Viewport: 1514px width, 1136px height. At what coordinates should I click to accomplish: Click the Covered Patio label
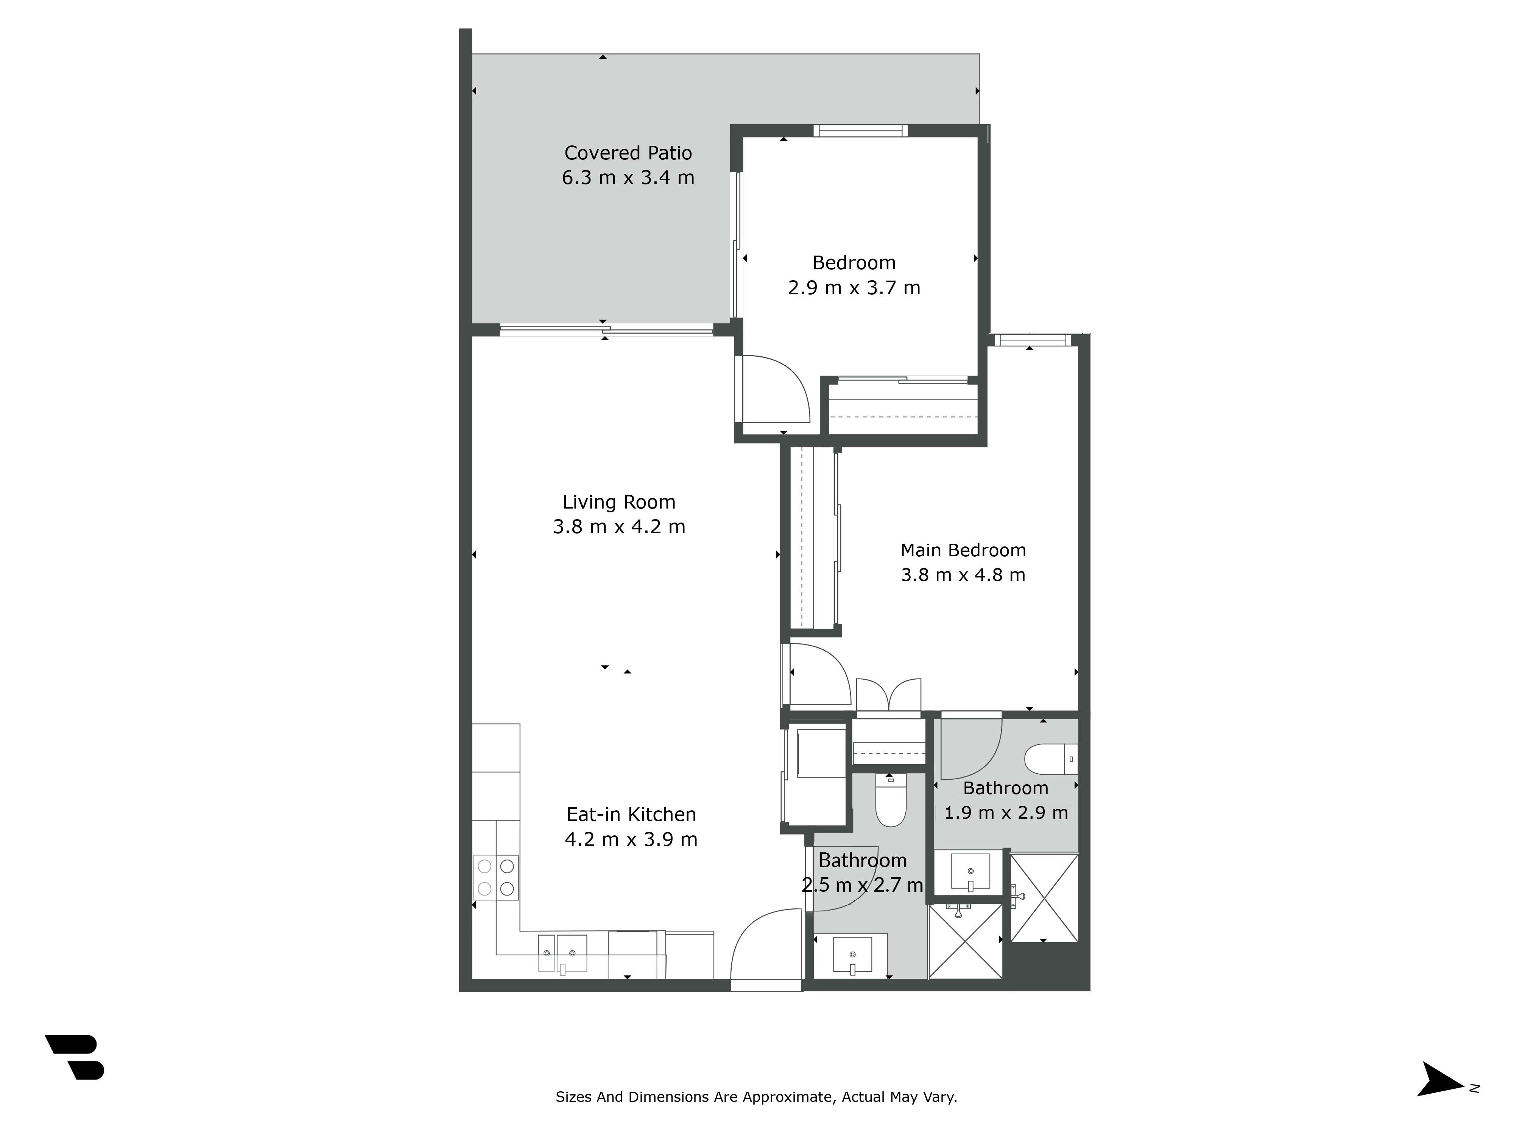point(628,153)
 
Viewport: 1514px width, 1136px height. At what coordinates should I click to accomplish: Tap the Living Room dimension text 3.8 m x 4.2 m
point(619,527)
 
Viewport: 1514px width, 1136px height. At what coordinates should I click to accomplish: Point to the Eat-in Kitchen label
point(631,814)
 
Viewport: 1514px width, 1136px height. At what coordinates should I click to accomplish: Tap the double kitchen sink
point(562,953)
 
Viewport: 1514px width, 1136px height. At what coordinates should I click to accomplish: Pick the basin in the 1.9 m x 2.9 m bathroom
point(970,871)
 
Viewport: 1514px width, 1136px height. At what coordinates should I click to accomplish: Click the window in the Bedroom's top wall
point(860,131)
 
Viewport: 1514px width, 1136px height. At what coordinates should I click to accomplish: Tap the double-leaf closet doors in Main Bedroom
point(888,694)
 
